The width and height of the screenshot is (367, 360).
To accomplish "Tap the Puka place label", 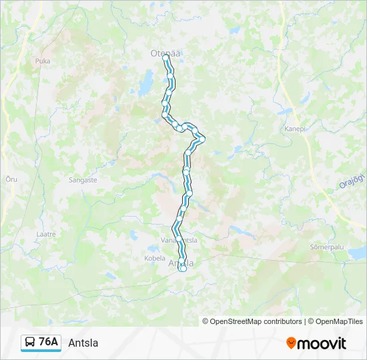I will pos(43,61).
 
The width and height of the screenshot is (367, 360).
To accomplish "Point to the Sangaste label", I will pos(83,180).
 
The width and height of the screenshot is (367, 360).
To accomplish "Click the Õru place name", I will pos(11,179).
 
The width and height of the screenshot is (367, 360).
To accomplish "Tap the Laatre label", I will pos(46,234).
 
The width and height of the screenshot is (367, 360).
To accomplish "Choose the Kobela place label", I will pos(155,258).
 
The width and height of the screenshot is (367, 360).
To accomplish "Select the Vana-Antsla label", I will pos(179,240).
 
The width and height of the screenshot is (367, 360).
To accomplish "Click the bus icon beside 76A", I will pos(31,343).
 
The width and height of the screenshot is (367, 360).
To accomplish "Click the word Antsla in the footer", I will pos(83,343).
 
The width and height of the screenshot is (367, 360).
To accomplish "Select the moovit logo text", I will pos(322,343).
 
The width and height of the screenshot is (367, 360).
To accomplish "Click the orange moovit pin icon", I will pos(291,343).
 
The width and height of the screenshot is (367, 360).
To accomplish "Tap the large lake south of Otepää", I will pos(145,85).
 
